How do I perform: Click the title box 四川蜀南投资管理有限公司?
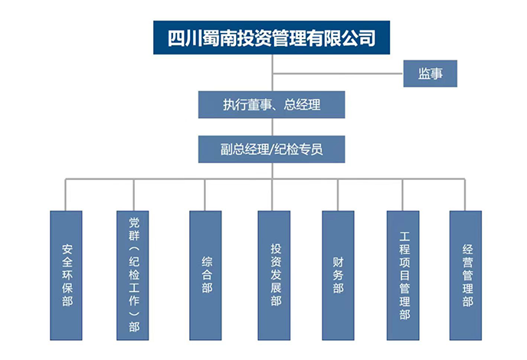[272, 36]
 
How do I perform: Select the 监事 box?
[430, 74]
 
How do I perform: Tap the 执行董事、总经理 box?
[272, 105]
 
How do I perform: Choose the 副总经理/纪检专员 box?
[272, 149]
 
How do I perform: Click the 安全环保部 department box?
[66, 275]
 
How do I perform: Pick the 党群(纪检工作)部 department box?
[133, 275]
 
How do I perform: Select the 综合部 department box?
[205, 275]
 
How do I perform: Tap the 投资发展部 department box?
[273, 275]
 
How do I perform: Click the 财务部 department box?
[338, 275]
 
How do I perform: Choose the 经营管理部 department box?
[465, 275]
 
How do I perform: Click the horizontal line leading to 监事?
[337, 74]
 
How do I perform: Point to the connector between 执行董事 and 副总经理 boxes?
[272, 126]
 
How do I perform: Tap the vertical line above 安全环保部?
[66, 195]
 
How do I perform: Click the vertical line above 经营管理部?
[465, 195]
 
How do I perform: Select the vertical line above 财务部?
[338, 195]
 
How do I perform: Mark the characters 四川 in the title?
[184, 36]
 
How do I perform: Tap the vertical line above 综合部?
[205, 195]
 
